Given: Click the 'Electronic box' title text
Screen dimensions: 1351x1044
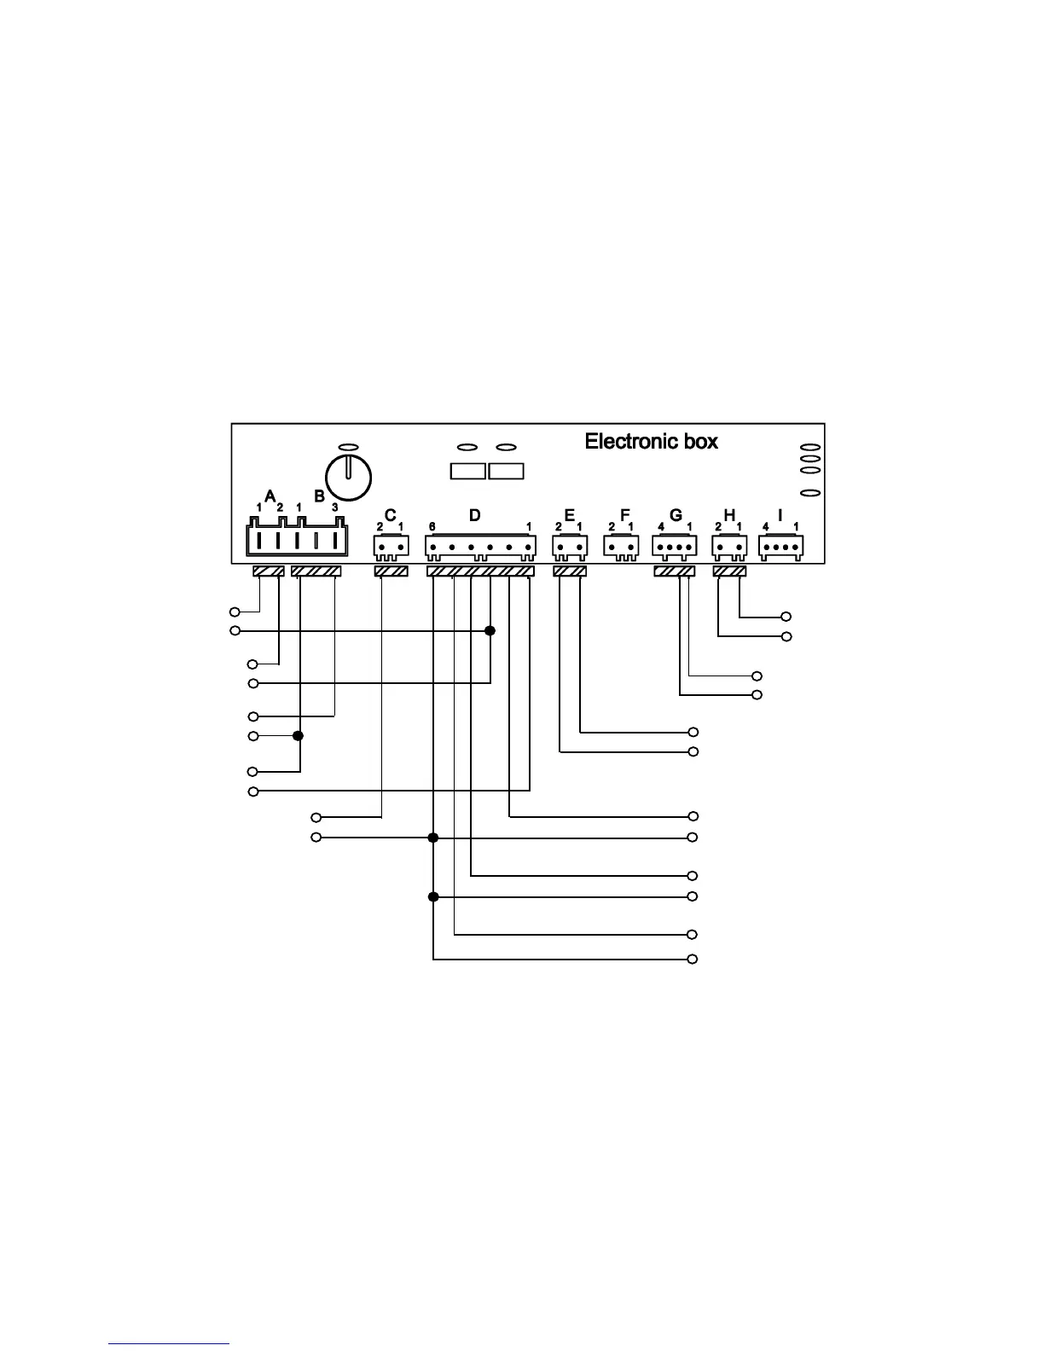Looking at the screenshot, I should click(651, 442).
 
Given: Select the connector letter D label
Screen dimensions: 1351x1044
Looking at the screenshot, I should click(474, 515).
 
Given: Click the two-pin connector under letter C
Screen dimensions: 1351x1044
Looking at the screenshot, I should click(390, 546).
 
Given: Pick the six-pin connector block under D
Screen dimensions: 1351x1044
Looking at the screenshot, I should click(480, 546).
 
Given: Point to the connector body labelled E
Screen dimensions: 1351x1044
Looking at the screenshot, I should click(569, 546).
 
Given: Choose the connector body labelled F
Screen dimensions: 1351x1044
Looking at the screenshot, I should click(621, 546).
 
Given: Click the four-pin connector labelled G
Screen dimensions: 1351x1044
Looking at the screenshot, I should click(675, 546).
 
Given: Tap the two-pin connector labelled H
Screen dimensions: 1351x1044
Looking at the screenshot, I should click(729, 546).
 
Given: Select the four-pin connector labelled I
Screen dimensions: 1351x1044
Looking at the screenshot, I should click(780, 546).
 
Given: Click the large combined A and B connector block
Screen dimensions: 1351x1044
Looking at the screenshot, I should click(296, 540).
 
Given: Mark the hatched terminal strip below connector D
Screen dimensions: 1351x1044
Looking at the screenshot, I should click(480, 571).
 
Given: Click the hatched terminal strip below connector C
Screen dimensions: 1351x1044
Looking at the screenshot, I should click(391, 571).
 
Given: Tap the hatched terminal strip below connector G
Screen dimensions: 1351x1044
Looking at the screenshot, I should click(674, 571).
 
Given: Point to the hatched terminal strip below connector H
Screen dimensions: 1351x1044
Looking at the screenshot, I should click(729, 571).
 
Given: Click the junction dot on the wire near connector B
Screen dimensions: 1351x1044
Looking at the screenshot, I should click(299, 736).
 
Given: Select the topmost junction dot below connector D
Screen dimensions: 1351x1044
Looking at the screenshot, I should click(490, 631).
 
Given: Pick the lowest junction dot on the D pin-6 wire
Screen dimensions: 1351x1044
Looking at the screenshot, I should click(433, 896).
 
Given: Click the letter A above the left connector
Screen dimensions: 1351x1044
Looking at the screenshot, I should click(270, 496).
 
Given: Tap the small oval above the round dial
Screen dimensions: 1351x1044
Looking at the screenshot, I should click(348, 447).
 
